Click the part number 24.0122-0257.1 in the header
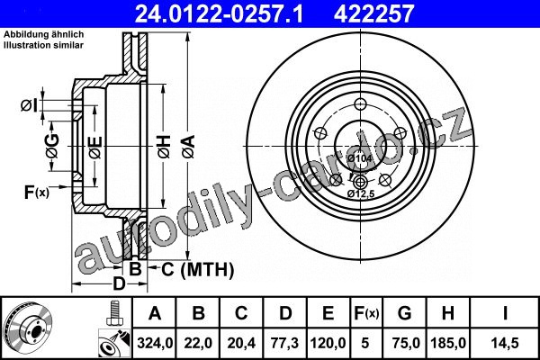click(219, 13)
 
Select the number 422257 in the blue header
click(373, 13)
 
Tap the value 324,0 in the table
click(155, 343)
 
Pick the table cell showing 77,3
click(284, 343)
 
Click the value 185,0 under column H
click(448, 343)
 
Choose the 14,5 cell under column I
click(505, 343)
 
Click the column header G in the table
click(405, 313)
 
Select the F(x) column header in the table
click(366, 313)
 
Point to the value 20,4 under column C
click(241, 343)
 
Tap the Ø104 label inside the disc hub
click(359, 158)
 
